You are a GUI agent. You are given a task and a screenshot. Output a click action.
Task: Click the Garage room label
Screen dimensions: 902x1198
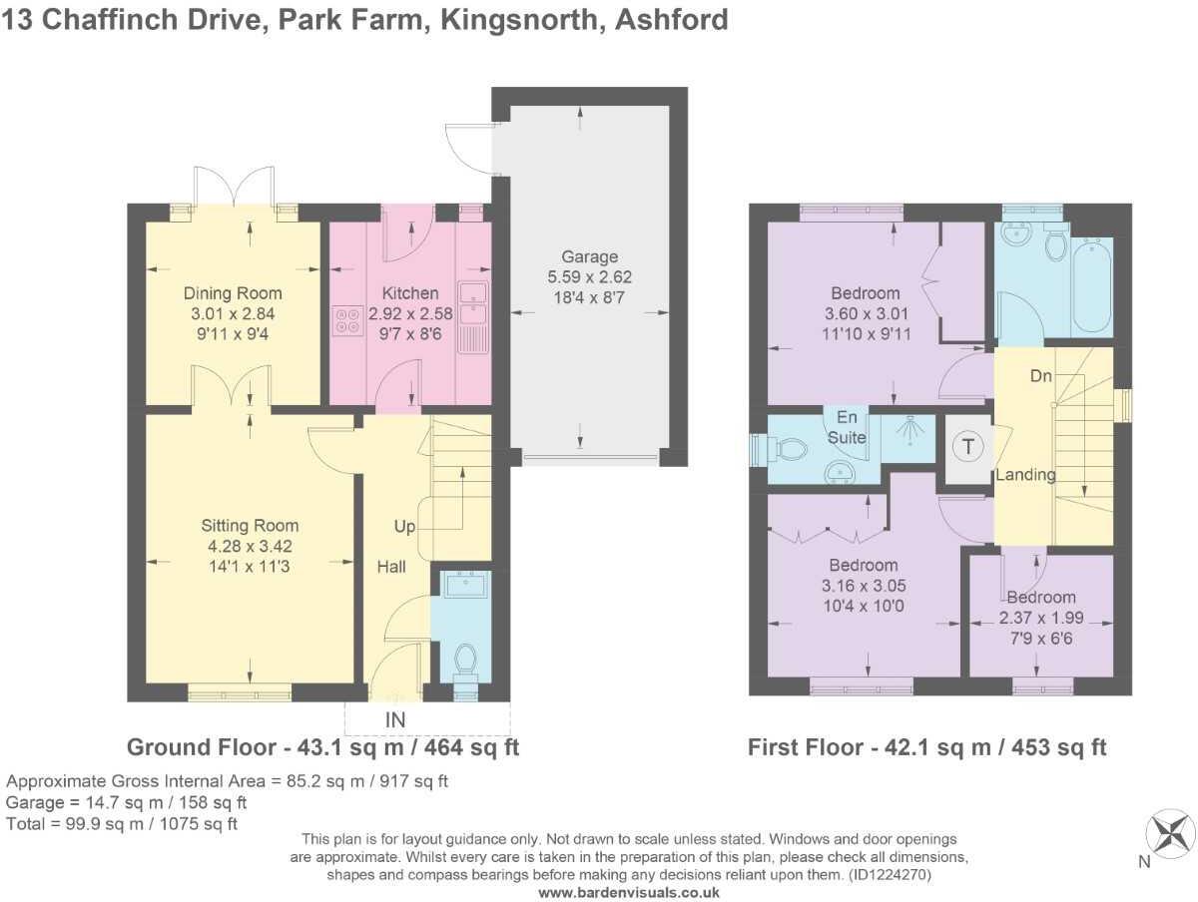tap(589, 256)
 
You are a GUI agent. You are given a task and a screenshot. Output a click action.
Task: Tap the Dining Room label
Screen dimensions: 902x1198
tap(233, 293)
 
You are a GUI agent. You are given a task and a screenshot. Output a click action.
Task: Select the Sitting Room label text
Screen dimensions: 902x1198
tap(250, 526)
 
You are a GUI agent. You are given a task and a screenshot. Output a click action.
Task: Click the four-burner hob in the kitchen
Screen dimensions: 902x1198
tap(347, 320)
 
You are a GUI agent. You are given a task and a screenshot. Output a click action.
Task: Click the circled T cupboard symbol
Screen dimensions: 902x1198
tap(967, 446)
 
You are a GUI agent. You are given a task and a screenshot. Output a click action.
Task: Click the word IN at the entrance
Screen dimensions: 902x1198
tap(396, 717)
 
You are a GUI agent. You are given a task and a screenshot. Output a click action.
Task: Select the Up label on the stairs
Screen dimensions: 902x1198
tap(405, 526)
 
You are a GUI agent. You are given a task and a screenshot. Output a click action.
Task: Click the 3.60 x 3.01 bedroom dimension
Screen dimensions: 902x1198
tap(866, 313)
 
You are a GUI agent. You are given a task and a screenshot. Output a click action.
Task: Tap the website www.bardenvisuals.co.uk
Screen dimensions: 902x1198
tap(629, 893)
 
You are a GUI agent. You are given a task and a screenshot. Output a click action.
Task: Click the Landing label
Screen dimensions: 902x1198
tap(1025, 475)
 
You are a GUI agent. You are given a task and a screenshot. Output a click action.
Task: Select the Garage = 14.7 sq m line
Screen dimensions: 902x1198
tap(127, 802)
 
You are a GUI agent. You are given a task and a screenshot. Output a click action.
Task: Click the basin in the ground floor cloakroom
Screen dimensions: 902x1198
tap(464, 586)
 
